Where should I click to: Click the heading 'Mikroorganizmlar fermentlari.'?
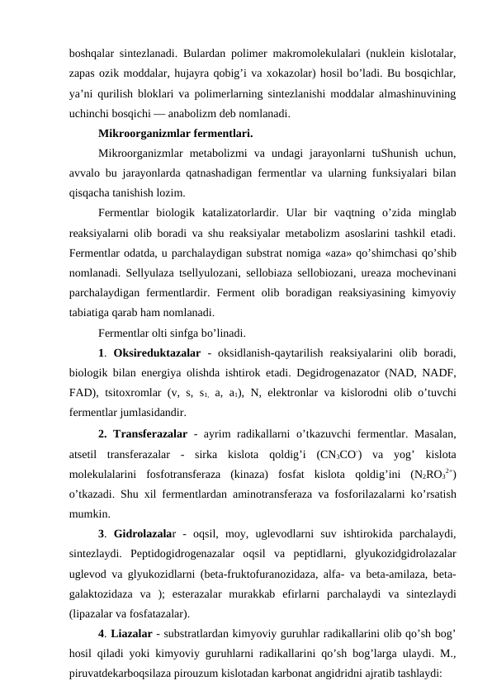click(x=175, y=133)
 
